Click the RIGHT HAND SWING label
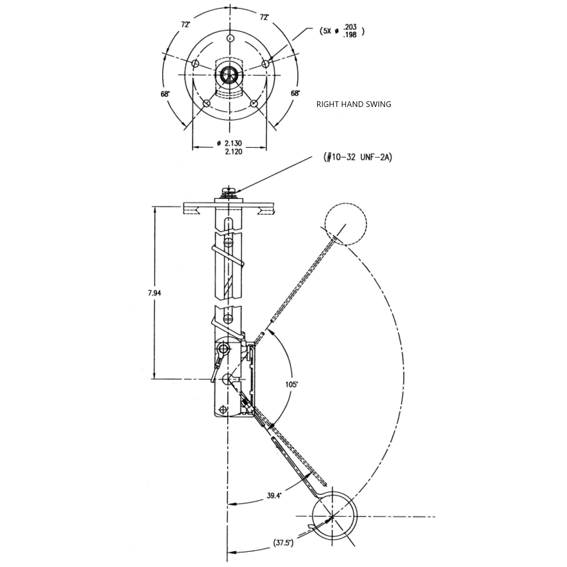coord(354,104)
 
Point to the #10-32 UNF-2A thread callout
coord(358,157)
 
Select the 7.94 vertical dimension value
coord(154,293)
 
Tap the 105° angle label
coord(291,384)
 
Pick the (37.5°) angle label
coord(283,543)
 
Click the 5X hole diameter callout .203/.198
coord(342,31)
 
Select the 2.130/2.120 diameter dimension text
coord(229,147)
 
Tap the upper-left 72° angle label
coord(186,25)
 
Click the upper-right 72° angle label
coord(264,17)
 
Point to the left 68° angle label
coord(165,94)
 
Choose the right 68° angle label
coord(296,93)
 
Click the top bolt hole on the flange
coord(231,38)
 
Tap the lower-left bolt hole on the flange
coord(207,104)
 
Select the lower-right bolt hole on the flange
coord(254,103)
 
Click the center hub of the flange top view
coord(229,74)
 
